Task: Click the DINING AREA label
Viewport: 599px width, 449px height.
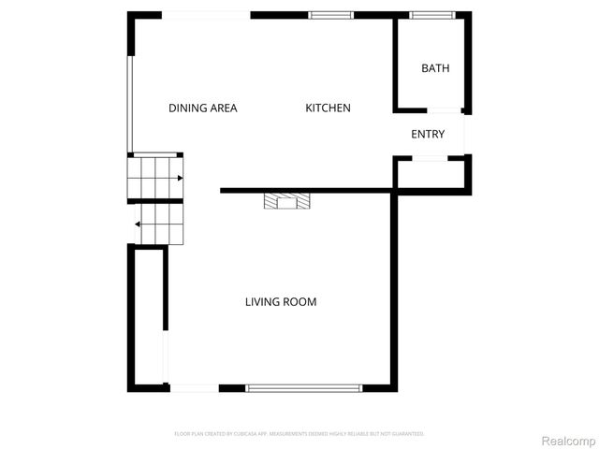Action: pos(202,108)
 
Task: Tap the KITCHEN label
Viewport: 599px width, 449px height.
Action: pos(328,108)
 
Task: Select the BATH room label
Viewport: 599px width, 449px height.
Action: pos(435,68)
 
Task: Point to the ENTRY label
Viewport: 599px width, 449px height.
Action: pos(428,135)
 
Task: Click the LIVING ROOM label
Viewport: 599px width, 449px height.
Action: pos(281,302)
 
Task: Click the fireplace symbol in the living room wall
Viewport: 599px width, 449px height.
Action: pos(284,200)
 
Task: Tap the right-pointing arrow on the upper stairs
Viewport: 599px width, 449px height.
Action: pos(178,177)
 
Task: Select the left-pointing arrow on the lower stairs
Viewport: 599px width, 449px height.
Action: pos(138,224)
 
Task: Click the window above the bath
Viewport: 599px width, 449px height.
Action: pos(431,14)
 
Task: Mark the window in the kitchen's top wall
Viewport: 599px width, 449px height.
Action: pos(331,14)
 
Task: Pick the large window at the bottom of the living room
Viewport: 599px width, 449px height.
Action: pos(303,387)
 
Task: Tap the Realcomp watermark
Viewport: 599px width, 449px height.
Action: pos(568,439)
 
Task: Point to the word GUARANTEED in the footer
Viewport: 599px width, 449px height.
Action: pos(406,434)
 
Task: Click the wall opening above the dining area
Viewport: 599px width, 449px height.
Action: pos(207,14)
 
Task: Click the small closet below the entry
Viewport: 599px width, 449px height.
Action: pos(431,172)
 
